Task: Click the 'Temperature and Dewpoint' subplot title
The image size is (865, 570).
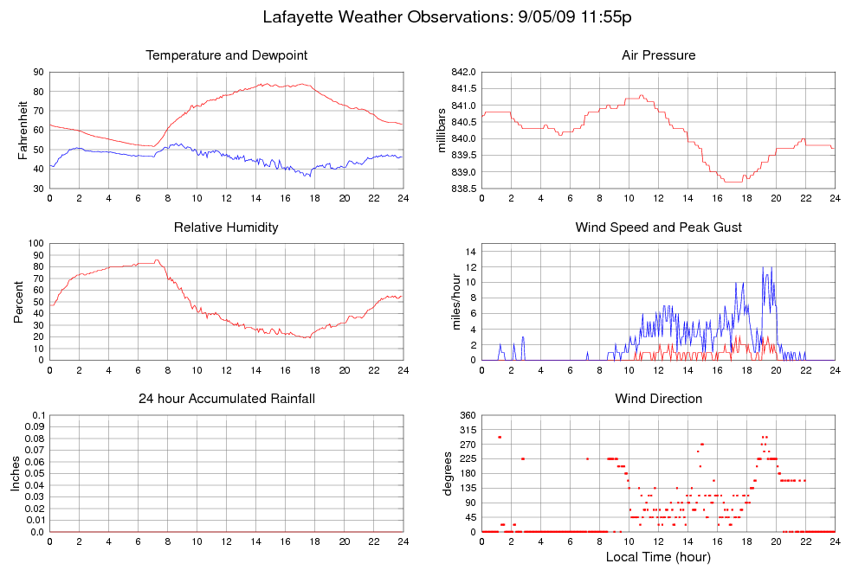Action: pyautogui.click(x=226, y=55)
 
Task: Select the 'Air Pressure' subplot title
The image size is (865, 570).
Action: pyautogui.click(x=658, y=55)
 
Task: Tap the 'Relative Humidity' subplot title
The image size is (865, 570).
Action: pyautogui.click(x=226, y=227)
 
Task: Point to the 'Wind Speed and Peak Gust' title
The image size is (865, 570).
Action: pyautogui.click(x=658, y=227)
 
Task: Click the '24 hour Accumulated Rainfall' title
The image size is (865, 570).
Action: pyautogui.click(x=226, y=399)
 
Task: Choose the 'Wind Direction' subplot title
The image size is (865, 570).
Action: pyautogui.click(x=658, y=399)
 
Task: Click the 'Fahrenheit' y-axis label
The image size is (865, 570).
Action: pyautogui.click(x=23, y=130)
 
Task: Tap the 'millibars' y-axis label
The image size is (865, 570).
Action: pyautogui.click(x=442, y=130)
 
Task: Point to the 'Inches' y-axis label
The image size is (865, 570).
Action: pyautogui.click(x=15, y=473)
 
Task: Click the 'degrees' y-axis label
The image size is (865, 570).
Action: pyautogui.click(x=448, y=473)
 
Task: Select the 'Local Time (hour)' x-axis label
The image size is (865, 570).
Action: pyautogui.click(x=658, y=557)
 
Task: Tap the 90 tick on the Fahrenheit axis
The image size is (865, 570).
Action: pyautogui.click(x=39, y=72)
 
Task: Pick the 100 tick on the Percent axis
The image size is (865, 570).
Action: pyautogui.click(x=36, y=243)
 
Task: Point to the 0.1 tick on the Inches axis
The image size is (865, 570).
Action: pyautogui.click(x=39, y=415)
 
